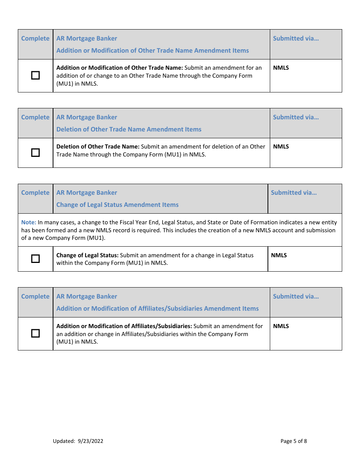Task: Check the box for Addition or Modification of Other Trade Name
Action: [x=35, y=75]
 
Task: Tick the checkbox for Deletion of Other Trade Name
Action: [x=35, y=153]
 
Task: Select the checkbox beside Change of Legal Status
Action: [x=35, y=259]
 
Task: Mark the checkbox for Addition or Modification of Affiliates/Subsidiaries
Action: [x=35, y=333]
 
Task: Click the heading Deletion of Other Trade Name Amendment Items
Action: [x=129, y=129]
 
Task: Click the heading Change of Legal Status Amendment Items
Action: [x=117, y=205]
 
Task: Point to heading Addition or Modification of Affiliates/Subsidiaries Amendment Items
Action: [x=157, y=308]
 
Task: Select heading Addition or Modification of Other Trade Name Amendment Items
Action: [x=152, y=50]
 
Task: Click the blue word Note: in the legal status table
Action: [x=28, y=222]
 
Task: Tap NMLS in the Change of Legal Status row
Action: [x=279, y=255]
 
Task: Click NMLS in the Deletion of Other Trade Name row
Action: [x=281, y=147]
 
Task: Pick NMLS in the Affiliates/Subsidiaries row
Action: [x=281, y=326]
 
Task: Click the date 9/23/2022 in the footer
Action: [x=91, y=441]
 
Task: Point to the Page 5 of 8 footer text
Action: [x=294, y=441]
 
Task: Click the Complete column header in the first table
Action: [x=35, y=38]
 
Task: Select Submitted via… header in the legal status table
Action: [x=294, y=192]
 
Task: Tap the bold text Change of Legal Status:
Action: [x=88, y=255]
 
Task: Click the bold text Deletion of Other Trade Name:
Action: [x=98, y=147]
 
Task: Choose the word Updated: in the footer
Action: [x=64, y=441]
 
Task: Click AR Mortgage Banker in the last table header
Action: [x=87, y=296]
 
